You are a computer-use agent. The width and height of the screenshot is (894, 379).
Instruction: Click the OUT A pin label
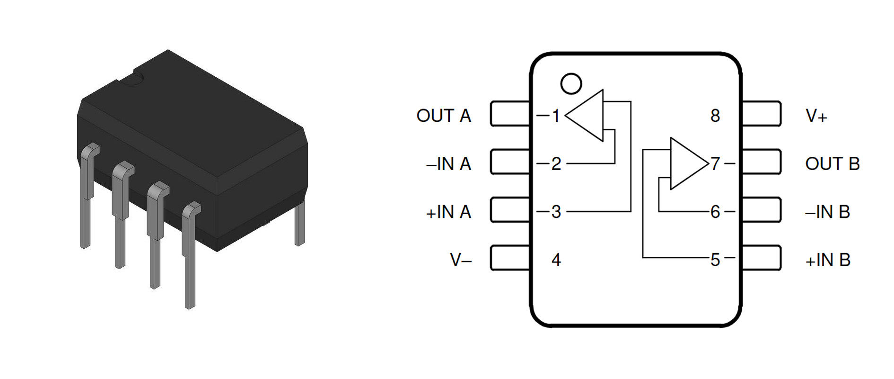pos(443,116)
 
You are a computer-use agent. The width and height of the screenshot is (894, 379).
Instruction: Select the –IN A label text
pos(448,164)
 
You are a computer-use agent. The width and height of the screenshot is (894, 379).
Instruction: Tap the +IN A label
pos(448,212)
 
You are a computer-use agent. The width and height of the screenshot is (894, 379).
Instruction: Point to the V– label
pos(460,260)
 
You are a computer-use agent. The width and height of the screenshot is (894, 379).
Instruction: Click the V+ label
pos(816,116)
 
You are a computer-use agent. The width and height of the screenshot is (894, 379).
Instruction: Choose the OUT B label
pos(832,164)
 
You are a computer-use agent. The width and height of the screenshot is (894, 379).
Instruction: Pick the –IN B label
pos(827,212)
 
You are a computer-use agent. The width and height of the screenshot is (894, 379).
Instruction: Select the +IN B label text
pos(828,260)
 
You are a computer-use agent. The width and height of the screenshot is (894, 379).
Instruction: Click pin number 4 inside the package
pos(556,260)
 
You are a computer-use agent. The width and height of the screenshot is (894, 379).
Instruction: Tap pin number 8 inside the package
pos(715,116)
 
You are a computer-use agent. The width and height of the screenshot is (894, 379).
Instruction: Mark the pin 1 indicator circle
pos(571,84)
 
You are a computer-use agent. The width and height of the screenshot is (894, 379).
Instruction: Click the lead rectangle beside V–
pos(510,258)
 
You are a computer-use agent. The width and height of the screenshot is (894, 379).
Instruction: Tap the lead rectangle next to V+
pos(761,114)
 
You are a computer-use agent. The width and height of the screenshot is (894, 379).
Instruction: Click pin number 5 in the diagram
pos(715,260)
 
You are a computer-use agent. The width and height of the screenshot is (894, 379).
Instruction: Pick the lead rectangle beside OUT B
pos(761,162)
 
